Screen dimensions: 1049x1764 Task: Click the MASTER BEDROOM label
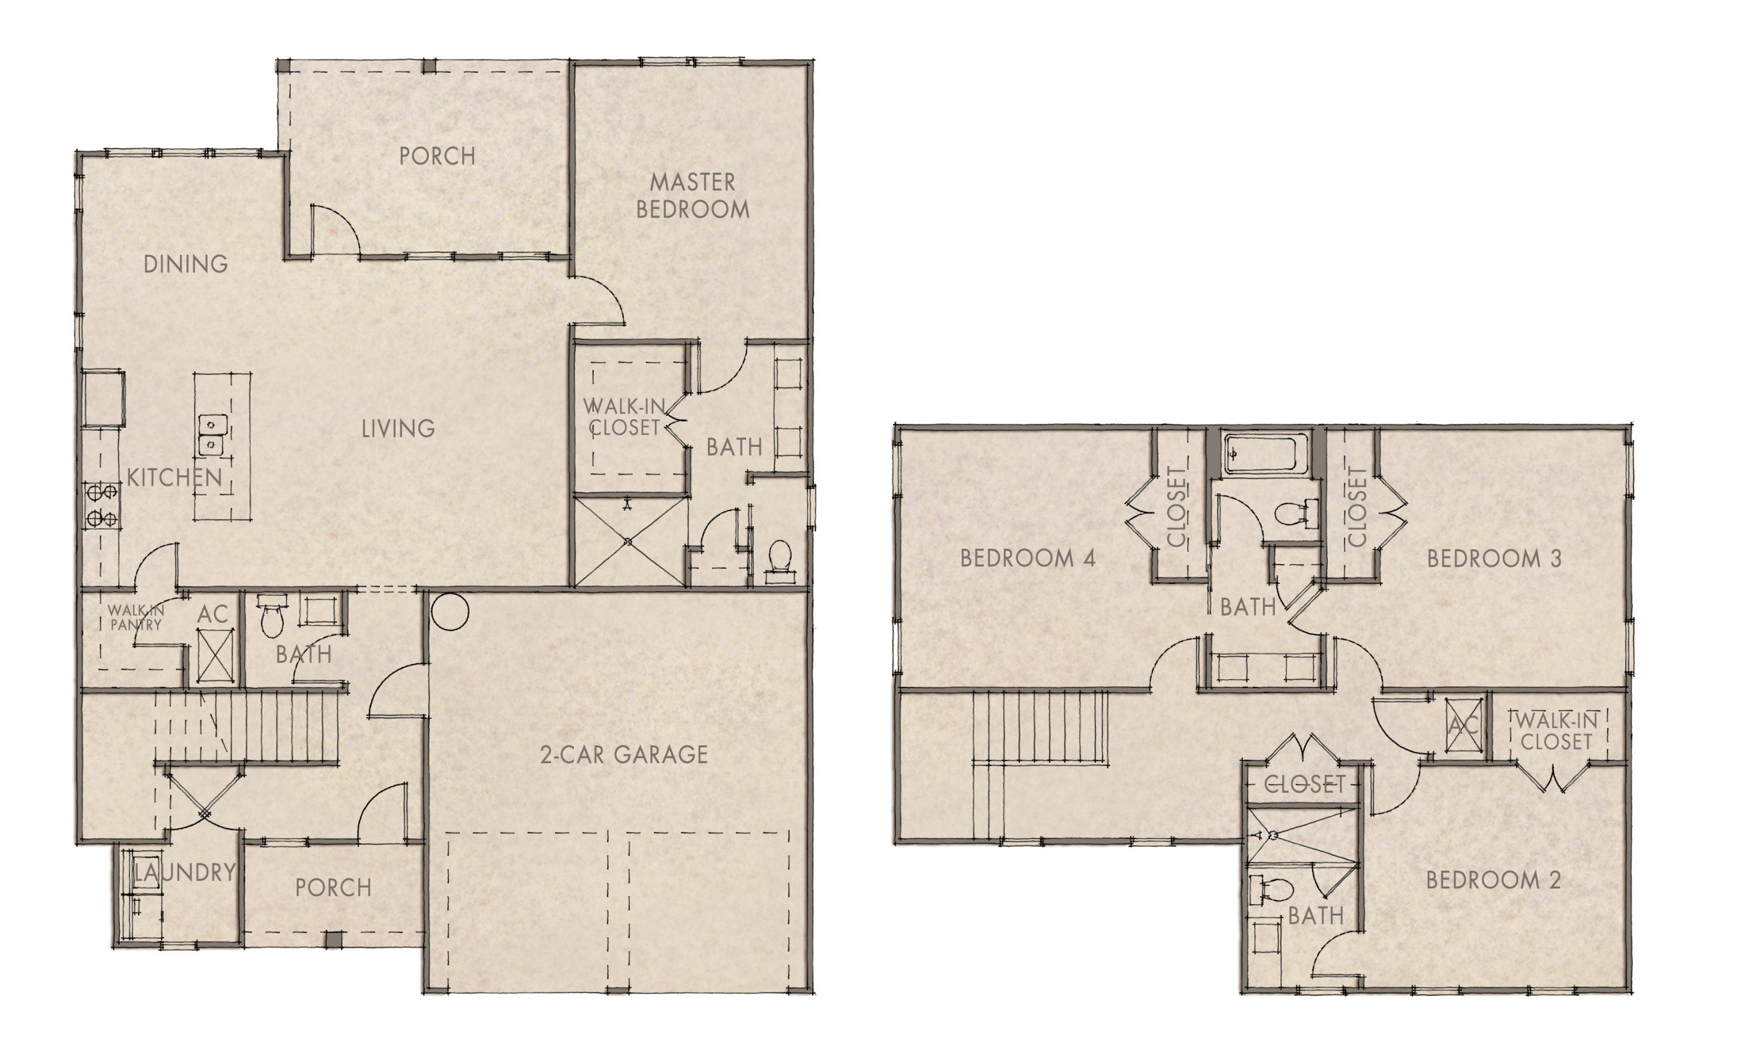692,196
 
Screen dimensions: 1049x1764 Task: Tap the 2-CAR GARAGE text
623,755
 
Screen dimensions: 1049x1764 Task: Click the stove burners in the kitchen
102,506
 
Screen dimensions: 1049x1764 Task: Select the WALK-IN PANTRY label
136,617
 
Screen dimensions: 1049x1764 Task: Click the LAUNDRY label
185,873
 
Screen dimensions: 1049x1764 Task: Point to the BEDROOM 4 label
1028,559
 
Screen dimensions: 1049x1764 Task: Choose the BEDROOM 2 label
1492,880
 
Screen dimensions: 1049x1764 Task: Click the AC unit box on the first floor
211,654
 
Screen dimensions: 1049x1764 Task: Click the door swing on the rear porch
335,230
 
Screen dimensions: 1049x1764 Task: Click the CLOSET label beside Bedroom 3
1357,506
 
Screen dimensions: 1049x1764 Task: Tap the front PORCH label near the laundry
333,888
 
